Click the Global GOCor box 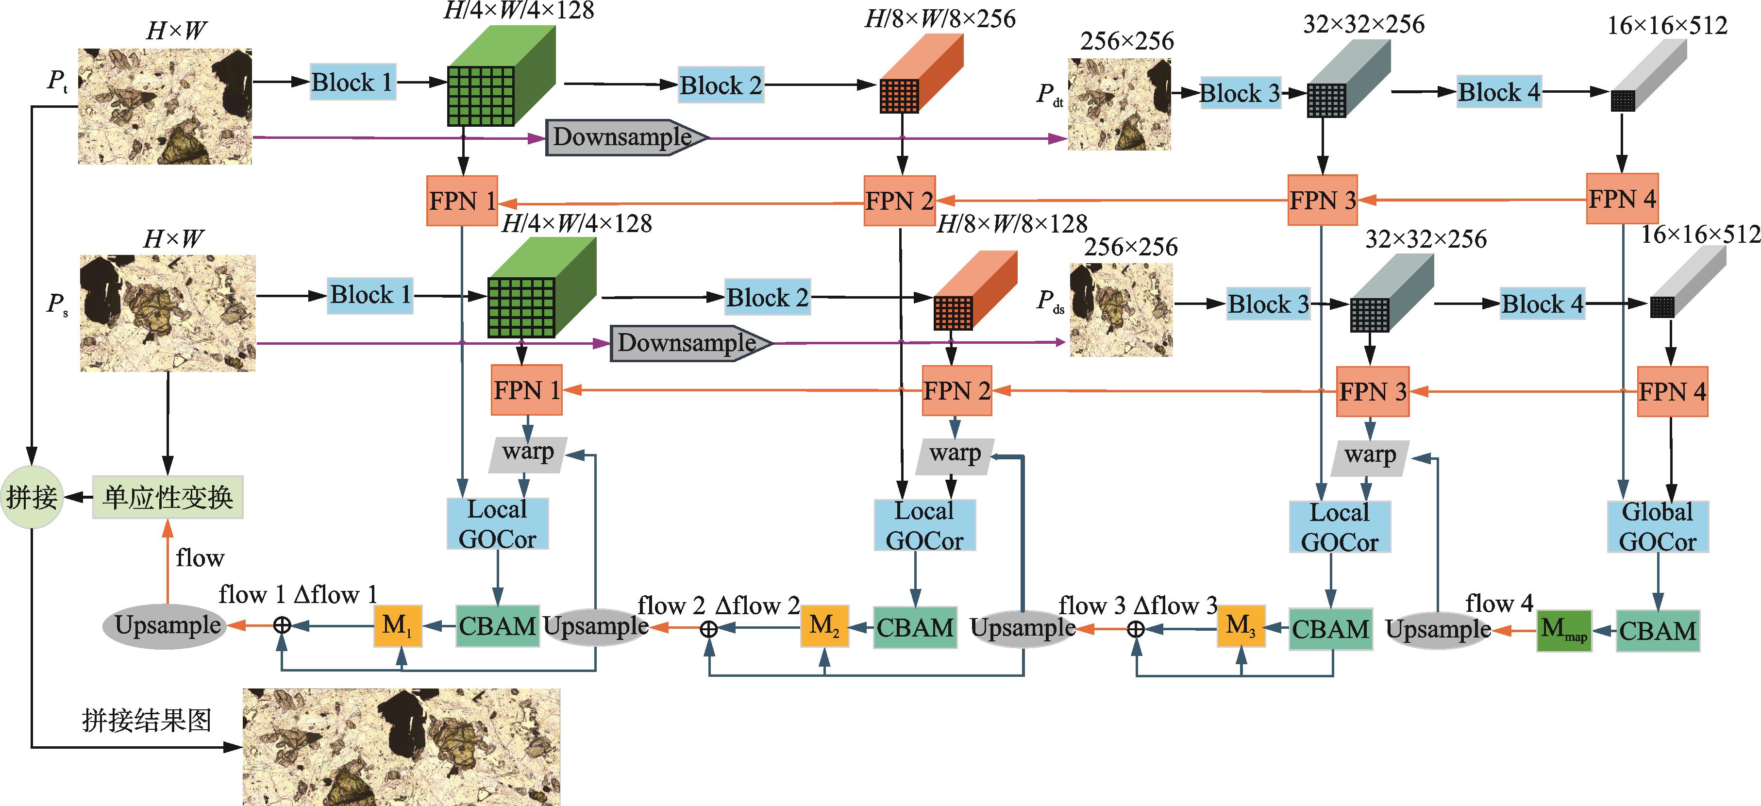[1657, 526]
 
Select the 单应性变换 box [168, 497]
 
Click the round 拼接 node [32, 497]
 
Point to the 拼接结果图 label [147, 721]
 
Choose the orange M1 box [398, 625]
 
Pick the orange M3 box [1241, 625]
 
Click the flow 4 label [1499, 604]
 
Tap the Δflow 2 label [757, 605]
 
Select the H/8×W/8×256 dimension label [940, 19]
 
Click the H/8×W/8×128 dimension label [1012, 223]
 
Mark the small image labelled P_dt [1119, 104]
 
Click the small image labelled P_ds [1121, 310]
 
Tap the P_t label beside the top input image [57, 81]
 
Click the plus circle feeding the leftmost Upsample [283, 625]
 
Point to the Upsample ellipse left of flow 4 [1438, 629]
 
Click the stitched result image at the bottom [401, 747]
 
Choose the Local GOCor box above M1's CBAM [497, 524]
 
